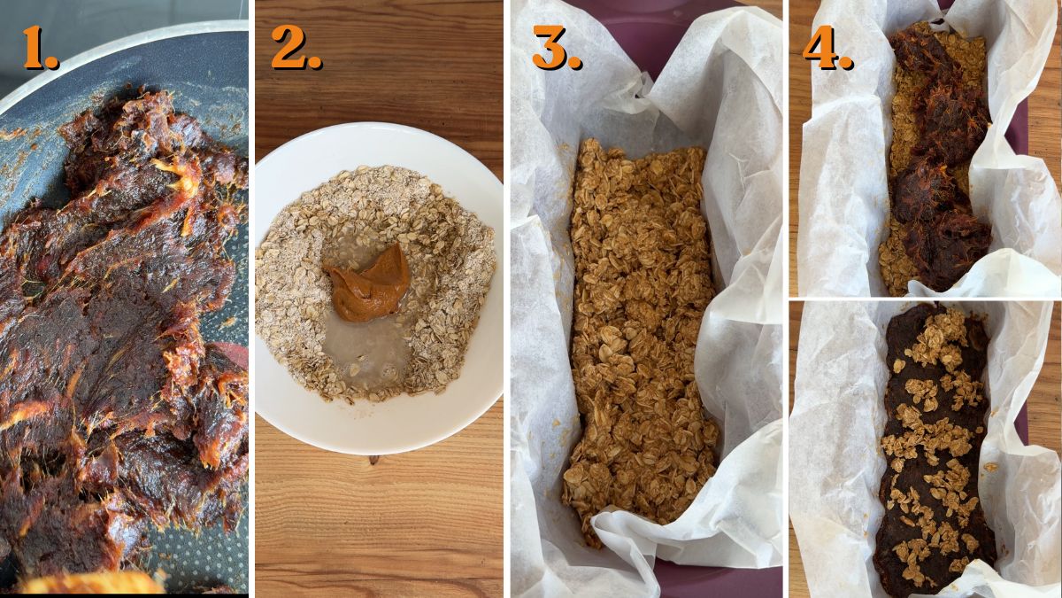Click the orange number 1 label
[x=40, y=48]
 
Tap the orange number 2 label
[x=296, y=48]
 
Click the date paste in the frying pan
[x=115, y=310]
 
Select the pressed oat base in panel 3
[x=642, y=346]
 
